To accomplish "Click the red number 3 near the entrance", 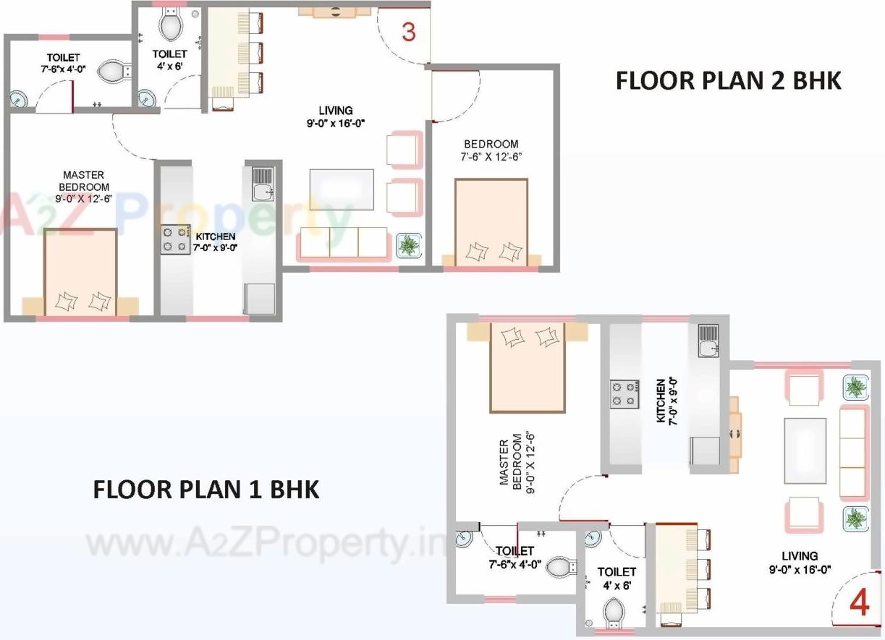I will coord(409,33).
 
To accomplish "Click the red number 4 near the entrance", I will coord(859,602).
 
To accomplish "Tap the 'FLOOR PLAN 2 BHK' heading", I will coord(728,80).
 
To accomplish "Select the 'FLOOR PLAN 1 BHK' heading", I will coord(206,489).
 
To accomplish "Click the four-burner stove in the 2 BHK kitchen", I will coord(174,239).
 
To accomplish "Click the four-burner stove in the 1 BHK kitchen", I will coord(624,394).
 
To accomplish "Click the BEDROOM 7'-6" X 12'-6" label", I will coord(491,150).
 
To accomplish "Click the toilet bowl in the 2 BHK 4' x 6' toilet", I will coord(171,27).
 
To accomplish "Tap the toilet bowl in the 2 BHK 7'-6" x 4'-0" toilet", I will coord(113,71).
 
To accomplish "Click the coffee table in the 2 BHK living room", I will coord(342,189).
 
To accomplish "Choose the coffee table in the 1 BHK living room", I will coord(805,450).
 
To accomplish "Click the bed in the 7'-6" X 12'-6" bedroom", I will coord(491,223).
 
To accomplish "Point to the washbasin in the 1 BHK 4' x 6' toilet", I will coord(593,539).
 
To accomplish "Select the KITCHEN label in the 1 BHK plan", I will coord(665,401).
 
